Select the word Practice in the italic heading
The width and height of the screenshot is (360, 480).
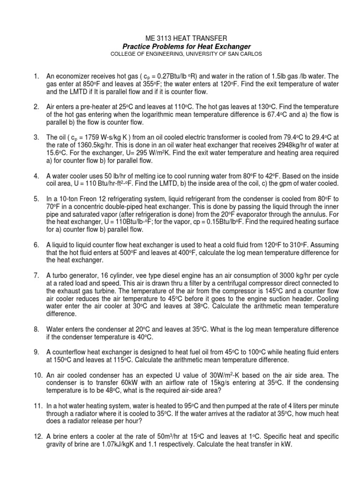point(137,46)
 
